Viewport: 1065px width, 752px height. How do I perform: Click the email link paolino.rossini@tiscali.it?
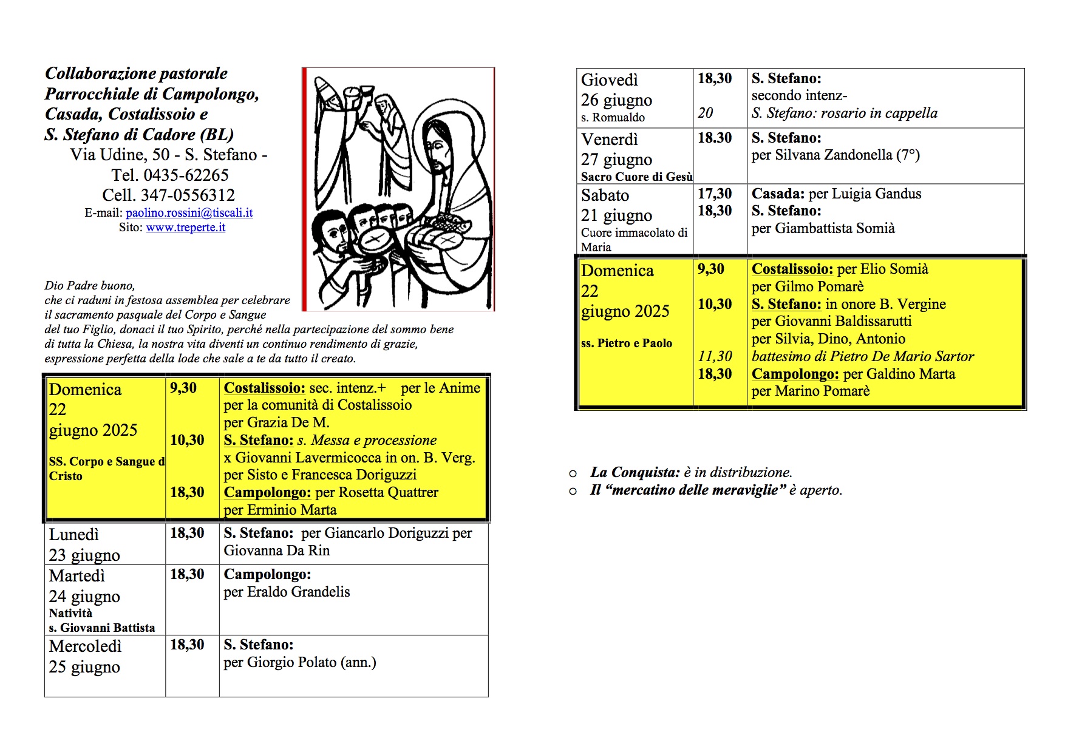(x=189, y=213)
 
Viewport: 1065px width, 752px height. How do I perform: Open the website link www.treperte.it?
(x=186, y=228)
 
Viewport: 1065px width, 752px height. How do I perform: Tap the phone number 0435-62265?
(x=186, y=175)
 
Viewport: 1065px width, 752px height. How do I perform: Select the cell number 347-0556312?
(x=188, y=195)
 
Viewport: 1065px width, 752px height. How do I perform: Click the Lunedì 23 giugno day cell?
(x=84, y=544)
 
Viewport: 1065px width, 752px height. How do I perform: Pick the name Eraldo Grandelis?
(x=299, y=592)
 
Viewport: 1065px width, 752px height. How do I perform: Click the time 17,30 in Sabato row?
(x=715, y=194)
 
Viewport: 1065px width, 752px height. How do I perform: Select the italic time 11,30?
(x=715, y=356)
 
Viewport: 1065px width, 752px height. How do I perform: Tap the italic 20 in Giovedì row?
(x=706, y=113)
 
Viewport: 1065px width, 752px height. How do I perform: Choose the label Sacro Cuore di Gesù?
(x=636, y=177)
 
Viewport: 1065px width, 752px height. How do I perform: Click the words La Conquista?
(x=635, y=472)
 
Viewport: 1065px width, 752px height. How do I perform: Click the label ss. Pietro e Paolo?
(x=626, y=343)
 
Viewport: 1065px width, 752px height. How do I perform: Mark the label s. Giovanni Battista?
(x=102, y=628)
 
